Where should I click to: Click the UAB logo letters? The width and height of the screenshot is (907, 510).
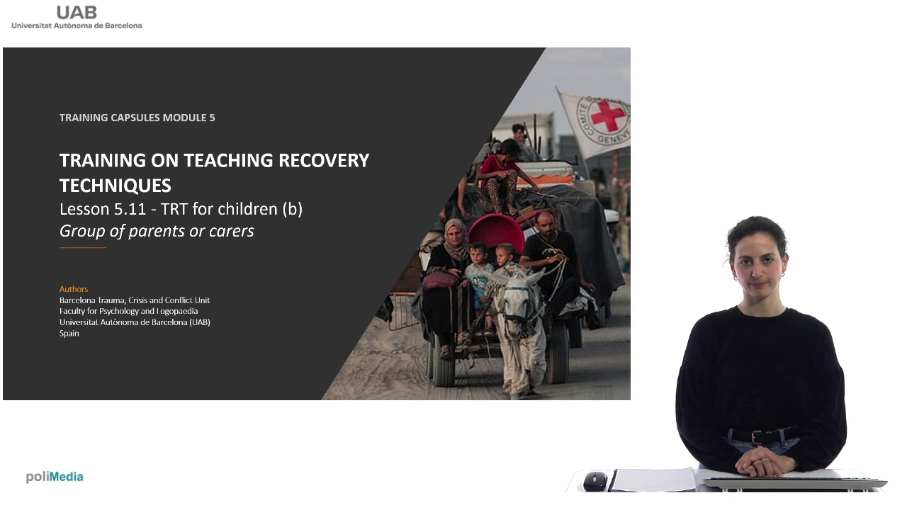click(77, 13)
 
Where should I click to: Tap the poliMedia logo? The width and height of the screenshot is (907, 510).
click(55, 477)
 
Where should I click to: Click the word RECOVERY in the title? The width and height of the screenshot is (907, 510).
click(324, 160)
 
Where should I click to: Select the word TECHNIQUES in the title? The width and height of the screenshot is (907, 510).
click(116, 186)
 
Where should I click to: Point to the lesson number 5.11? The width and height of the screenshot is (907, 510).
click(130, 209)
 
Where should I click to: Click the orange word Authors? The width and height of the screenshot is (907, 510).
click(74, 289)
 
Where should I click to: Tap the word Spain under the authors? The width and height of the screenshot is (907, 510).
click(69, 334)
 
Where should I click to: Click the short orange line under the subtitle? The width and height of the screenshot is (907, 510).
click(83, 247)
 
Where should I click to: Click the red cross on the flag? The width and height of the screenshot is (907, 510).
click(607, 116)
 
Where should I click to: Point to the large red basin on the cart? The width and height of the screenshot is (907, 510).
click(497, 233)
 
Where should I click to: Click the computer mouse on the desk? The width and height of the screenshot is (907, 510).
click(595, 481)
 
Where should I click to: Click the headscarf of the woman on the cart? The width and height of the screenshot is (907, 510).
click(456, 239)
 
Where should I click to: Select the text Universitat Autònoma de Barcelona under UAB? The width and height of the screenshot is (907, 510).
click(77, 25)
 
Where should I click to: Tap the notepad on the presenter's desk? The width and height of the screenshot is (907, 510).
click(654, 480)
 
